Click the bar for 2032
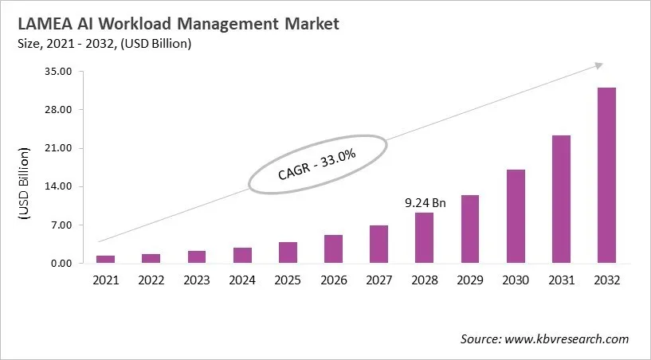(606, 175)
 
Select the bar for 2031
(561, 199)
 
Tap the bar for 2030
(516, 216)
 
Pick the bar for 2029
(470, 229)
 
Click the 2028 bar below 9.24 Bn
(425, 237)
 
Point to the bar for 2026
(334, 248)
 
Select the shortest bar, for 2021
(106, 259)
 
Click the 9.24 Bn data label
(425, 203)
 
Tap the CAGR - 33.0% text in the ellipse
(316, 164)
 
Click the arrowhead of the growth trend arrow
(599, 65)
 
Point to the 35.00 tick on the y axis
(60, 72)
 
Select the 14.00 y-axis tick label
(60, 187)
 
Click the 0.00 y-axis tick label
(63, 264)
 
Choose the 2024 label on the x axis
(242, 280)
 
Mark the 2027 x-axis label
(379, 280)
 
